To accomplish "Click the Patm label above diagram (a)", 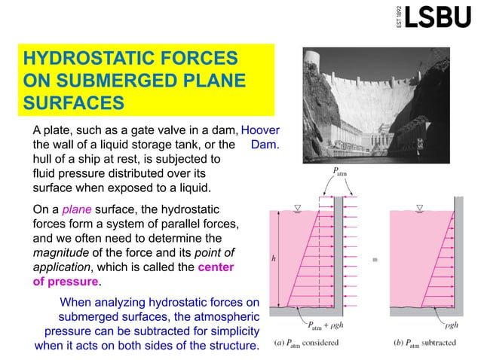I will click(339, 172).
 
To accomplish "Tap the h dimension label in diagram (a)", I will click(274, 258).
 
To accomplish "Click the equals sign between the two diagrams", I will click(375, 261).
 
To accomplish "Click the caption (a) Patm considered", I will click(305, 343).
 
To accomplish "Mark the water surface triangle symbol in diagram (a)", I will click(296, 208).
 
